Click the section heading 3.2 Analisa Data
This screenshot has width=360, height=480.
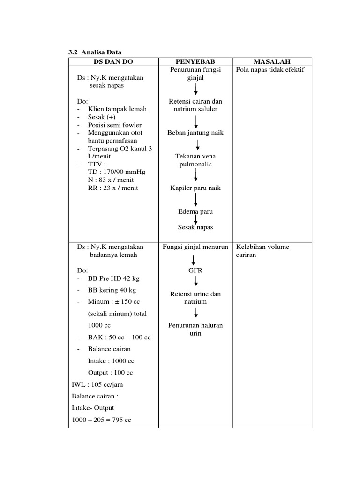[x=95, y=52]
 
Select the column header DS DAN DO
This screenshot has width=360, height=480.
[x=113, y=61]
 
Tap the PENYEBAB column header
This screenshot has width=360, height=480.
[x=195, y=61]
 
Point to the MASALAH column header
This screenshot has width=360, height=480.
[x=272, y=61]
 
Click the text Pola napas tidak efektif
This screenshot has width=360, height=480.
[x=270, y=70]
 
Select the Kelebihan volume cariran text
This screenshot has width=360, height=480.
[x=263, y=251]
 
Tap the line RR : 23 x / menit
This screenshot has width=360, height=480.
[x=113, y=188]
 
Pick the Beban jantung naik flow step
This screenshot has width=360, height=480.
[x=195, y=133]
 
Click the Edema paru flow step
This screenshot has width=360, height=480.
[x=195, y=211]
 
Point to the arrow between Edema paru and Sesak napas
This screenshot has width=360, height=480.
[x=196, y=219]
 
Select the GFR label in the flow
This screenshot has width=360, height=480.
[x=195, y=270]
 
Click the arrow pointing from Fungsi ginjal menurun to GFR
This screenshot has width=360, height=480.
[x=194, y=260]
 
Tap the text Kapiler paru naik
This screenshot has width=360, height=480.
[x=195, y=188]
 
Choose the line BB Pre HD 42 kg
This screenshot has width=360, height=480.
[x=113, y=278]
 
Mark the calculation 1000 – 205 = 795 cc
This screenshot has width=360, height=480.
[x=101, y=420]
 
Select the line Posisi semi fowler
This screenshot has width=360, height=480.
[x=114, y=125]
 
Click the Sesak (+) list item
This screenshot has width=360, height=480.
[x=101, y=117]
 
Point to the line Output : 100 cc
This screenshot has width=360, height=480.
[x=110, y=373]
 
